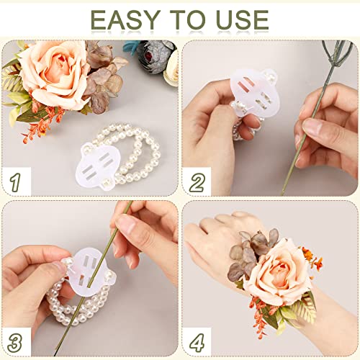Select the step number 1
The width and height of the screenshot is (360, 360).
[15, 181]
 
